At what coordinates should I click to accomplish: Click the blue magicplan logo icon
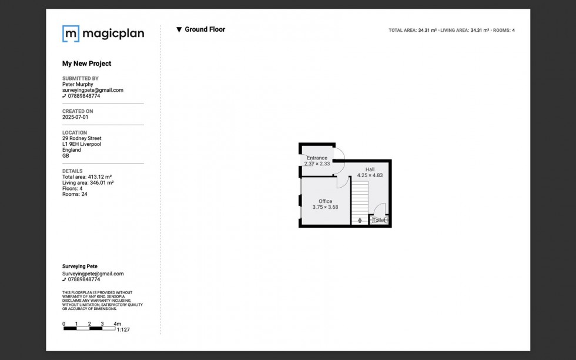71,34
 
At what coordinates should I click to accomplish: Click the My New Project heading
87,64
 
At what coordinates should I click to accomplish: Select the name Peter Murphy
78,84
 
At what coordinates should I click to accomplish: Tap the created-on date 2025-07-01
75,117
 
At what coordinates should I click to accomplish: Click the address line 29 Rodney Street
82,138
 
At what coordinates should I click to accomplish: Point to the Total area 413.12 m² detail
87,177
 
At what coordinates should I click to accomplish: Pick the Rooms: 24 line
75,194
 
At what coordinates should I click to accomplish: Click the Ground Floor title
205,29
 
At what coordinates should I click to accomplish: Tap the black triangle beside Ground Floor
179,30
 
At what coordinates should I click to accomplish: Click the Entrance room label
317,158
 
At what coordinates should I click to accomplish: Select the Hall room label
370,169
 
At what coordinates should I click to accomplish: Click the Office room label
325,201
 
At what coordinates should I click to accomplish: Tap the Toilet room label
379,220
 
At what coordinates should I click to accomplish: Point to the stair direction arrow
360,220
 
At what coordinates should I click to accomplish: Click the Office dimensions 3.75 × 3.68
325,207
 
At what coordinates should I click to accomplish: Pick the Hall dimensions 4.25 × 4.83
370,175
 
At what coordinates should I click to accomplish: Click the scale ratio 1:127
123,330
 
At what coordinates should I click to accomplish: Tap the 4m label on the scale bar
117,324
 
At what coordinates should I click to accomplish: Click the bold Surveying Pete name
80,266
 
